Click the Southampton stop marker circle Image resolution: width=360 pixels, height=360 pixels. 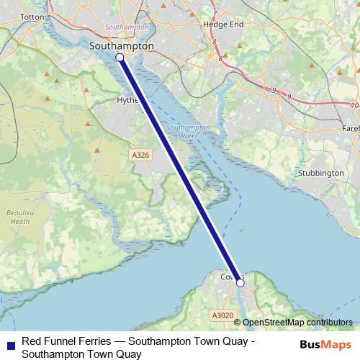click(x=120, y=57)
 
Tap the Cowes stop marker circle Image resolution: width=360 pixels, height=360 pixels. click(x=240, y=284)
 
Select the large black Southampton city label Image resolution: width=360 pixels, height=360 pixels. click(x=122, y=45)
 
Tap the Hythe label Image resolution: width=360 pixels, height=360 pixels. click(x=127, y=101)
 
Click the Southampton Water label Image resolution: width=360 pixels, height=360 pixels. click(x=188, y=131)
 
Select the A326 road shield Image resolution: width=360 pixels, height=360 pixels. click(x=141, y=155)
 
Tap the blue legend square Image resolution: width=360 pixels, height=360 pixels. click(x=9, y=343)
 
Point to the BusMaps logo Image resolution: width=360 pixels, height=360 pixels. click(x=325, y=345)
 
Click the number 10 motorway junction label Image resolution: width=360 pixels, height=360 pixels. click(x=354, y=105)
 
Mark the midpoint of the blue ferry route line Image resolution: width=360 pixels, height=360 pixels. click(x=180, y=171)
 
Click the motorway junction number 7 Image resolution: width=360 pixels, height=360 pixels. click(x=214, y=12)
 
